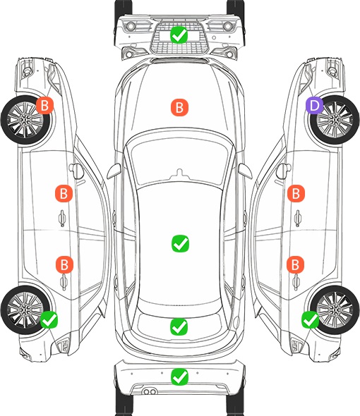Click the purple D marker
pos(314,105)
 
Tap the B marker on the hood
pos(179,107)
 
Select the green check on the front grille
pos(179,35)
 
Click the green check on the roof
pos(181,243)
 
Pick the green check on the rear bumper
pos(179,377)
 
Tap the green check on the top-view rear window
pos(179,326)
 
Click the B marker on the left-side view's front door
pos(64,193)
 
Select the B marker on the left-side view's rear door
pos(64,264)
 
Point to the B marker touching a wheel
pos(44,105)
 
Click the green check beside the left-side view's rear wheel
pos(49,319)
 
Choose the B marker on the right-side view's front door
pos(296,193)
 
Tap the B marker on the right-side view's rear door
pos(296,264)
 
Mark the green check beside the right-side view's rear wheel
pos(311,319)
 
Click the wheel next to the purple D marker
pos(335,120)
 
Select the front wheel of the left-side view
pos(25,120)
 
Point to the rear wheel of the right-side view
pos(335,310)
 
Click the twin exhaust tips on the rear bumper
pos(150,392)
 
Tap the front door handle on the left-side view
pos(62,218)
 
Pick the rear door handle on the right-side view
pos(296,282)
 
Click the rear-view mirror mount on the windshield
pos(180,173)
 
